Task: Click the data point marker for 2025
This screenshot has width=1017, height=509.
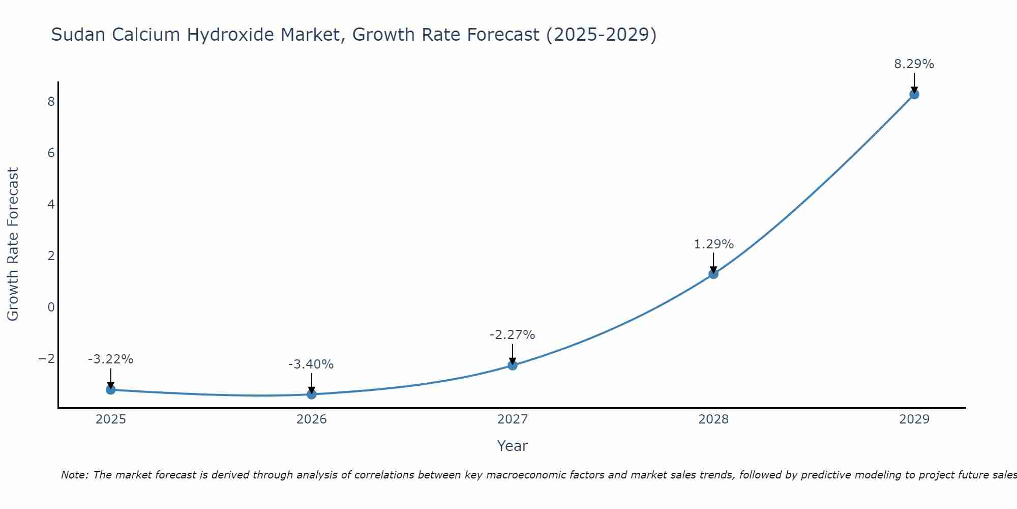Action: click(x=111, y=389)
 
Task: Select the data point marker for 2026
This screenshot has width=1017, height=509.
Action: click(x=312, y=394)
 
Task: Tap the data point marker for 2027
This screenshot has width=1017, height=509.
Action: click(x=513, y=365)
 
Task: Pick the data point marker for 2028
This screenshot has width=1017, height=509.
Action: click(x=713, y=274)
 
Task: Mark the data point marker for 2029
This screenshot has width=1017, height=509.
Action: click(x=914, y=94)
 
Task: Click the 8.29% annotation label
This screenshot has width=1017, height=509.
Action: click(x=914, y=64)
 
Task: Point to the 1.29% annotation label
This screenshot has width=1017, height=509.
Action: click(x=713, y=244)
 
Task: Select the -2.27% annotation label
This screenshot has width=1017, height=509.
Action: click(x=512, y=335)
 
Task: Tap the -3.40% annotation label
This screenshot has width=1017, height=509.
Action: click(x=311, y=364)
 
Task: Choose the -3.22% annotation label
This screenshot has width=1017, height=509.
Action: click(x=110, y=359)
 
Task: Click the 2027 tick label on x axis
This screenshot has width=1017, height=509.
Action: click(x=513, y=419)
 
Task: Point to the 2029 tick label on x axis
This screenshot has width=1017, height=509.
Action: click(x=914, y=419)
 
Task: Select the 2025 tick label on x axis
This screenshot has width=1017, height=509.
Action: click(x=111, y=419)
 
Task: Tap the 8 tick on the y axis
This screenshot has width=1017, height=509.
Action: click(x=51, y=101)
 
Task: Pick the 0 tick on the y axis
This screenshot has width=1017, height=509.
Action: click(x=51, y=307)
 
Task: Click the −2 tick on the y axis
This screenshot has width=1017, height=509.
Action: click(x=47, y=358)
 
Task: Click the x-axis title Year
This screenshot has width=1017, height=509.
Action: click(x=513, y=446)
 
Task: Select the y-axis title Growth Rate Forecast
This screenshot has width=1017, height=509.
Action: click(x=13, y=244)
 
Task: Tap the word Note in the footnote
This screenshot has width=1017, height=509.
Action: click(x=74, y=475)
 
